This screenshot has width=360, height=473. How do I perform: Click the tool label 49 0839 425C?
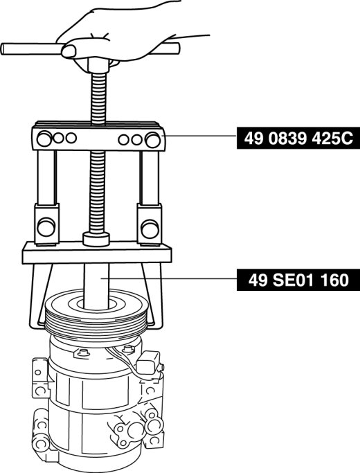point(298,139)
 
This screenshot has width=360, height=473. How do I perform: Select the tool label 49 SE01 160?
point(298,280)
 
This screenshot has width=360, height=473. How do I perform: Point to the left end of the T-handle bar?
point(2,49)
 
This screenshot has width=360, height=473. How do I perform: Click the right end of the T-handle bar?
point(178,48)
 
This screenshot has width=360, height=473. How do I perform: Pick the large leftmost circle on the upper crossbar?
point(44,139)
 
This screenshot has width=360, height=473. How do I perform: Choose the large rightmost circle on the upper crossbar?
point(152,140)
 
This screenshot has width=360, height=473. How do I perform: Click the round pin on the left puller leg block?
point(46,227)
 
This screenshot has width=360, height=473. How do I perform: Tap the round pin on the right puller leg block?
point(150,229)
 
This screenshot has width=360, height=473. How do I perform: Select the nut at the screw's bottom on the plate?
point(96,239)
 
